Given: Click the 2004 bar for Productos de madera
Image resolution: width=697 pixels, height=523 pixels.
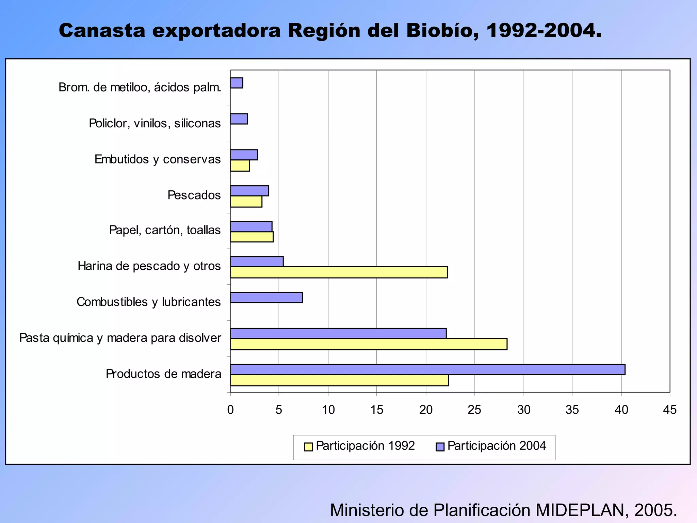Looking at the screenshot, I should (x=427, y=369).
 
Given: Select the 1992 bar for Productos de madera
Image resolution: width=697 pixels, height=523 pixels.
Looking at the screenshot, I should (x=339, y=380).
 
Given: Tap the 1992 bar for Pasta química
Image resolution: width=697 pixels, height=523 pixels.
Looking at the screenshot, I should (x=369, y=344).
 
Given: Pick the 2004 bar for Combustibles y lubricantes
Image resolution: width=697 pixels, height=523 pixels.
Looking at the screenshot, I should (x=266, y=298).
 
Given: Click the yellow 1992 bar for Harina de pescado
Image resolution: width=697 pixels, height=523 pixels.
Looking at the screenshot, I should (x=339, y=272).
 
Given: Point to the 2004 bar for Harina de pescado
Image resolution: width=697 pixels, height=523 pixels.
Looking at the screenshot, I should (x=257, y=261).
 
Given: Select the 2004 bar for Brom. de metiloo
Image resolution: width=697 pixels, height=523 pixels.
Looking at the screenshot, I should (x=237, y=83).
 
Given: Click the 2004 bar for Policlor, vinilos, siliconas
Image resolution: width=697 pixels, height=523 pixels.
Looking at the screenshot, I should (x=239, y=119).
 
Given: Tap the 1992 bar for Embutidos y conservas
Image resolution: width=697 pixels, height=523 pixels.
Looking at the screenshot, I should (x=240, y=166).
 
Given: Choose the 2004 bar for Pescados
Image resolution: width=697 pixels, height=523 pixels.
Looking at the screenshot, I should (x=249, y=191).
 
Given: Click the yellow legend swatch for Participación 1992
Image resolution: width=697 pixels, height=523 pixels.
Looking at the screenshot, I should (x=308, y=447).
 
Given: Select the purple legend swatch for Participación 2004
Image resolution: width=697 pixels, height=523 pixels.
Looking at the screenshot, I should (x=440, y=447).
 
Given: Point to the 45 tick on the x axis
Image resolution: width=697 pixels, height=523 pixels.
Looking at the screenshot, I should (x=670, y=410).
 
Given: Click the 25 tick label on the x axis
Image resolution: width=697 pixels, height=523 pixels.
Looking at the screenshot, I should (x=474, y=410).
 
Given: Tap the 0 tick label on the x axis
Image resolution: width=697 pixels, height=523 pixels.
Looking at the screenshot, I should (x=230, y=410).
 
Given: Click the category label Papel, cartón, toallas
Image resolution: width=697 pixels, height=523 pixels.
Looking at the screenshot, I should (x=165, y=230).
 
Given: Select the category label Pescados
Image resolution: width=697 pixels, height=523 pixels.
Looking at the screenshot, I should (x=194, y=195).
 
